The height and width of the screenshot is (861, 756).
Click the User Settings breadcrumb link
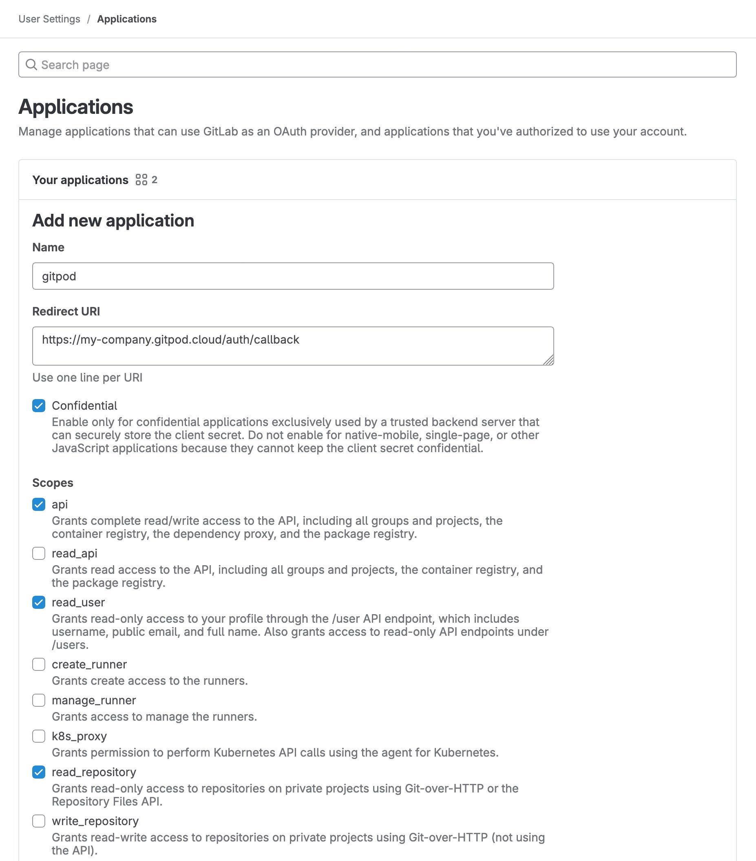pos(49,19)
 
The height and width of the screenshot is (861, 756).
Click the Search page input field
pos(379,64)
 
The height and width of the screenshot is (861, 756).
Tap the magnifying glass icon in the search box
pos(31,64)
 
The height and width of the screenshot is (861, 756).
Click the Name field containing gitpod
pos(293,276)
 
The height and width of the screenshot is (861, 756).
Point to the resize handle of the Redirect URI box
pos(548,360)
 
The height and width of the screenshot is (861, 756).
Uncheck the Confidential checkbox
pos(39,406)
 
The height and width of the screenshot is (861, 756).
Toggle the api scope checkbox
pos(39,504)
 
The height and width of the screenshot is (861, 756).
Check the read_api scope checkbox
pos(39,553)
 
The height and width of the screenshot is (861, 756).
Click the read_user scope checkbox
pos(39,602)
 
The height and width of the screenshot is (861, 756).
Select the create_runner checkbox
pos(39,664)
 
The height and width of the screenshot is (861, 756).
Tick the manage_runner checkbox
pos(39,700)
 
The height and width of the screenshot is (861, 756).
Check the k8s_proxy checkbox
pos(39,736)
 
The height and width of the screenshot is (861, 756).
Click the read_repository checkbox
pos(39,772)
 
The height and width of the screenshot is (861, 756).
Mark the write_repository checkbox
pos(39,821)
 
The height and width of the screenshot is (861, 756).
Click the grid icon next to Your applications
pos(141,180)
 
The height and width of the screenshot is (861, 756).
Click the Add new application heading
pos(113,221)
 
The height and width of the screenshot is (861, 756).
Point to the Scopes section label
pos(53,483)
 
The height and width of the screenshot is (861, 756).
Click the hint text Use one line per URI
pos(87,377)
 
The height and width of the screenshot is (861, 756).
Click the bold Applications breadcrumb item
pos(127,19)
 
